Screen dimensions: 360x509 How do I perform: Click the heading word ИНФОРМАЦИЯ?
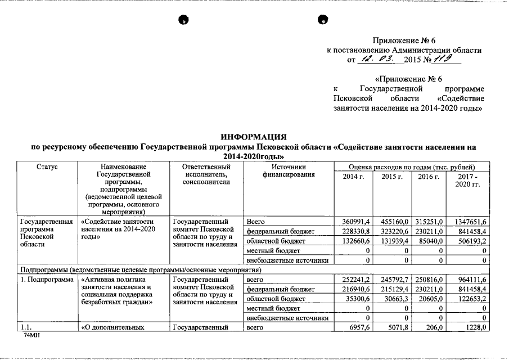point(255,137)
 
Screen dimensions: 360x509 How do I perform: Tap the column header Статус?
point(47,167)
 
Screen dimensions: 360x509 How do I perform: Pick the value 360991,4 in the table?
point(352,222)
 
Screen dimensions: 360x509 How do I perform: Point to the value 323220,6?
point(391,231)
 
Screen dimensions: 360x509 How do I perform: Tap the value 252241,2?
point(352,280)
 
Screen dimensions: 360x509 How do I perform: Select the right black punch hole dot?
point(323,20)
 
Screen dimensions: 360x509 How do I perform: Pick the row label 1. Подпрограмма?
point(47,280)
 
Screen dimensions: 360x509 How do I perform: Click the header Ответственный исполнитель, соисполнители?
point(206,174)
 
